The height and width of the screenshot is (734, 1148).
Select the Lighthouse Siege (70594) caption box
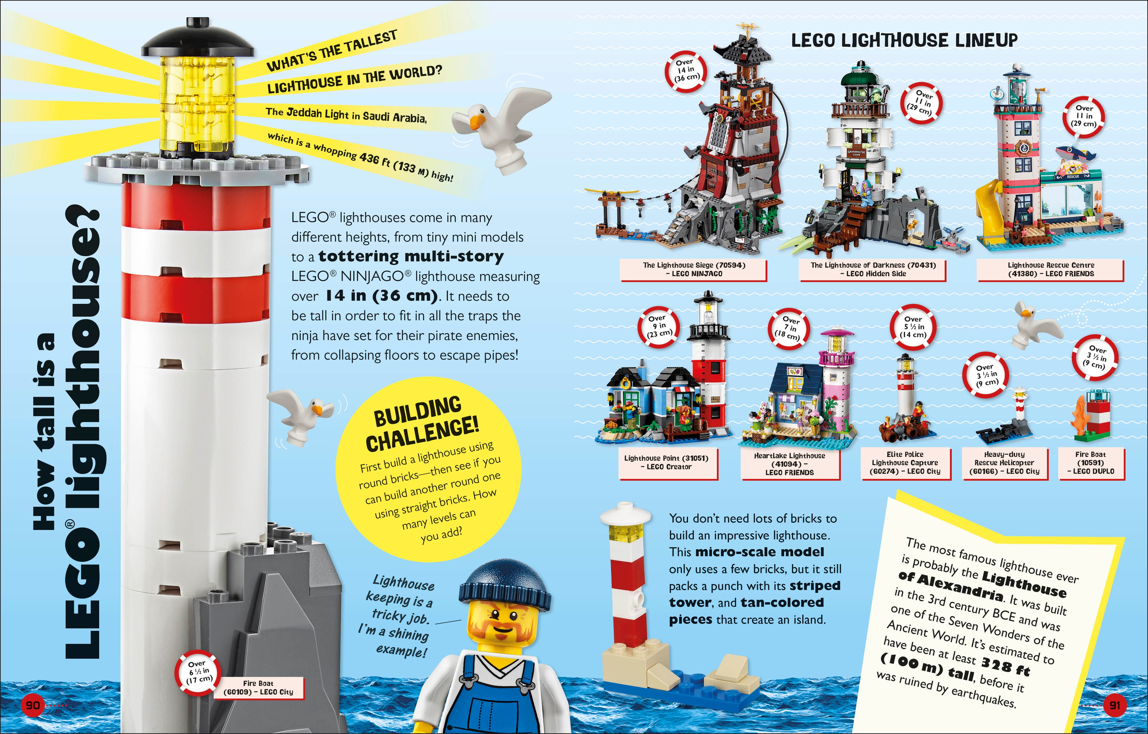[x=693, y=269]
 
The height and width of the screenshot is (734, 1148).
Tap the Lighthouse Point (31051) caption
[x=666, y=462]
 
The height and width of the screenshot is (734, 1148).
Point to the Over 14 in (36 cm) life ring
[x=685, y=70]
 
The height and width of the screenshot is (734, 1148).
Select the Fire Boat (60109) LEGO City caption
[x=258, y=688]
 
